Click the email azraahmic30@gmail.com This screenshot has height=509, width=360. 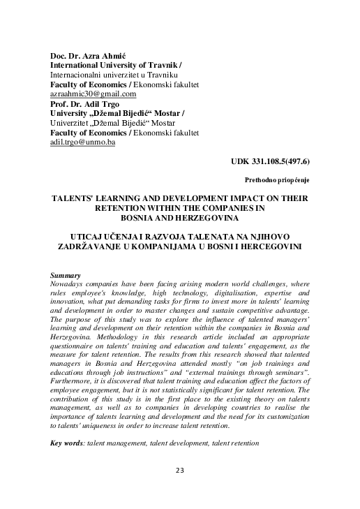click(x=93, y=94)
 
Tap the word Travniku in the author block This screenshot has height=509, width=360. click(x=160, y=74)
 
